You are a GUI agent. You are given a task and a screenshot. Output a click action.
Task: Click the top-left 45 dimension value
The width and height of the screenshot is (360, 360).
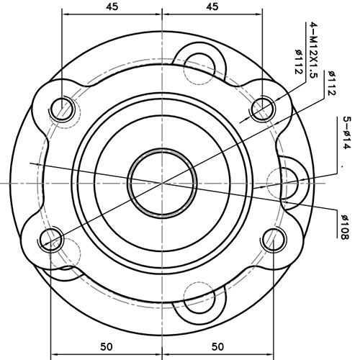point(112,6)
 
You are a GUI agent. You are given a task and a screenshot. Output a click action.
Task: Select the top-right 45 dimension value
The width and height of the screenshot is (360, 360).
point(212,6)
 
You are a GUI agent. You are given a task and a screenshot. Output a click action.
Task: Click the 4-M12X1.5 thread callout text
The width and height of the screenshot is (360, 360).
point(313,50)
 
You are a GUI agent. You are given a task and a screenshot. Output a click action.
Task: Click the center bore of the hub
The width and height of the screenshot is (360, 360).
point(162,183)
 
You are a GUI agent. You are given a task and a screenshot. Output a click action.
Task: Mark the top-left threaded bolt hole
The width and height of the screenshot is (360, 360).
point(63,108)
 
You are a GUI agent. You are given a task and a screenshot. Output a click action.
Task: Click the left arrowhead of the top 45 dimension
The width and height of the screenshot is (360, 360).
point(66,14)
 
